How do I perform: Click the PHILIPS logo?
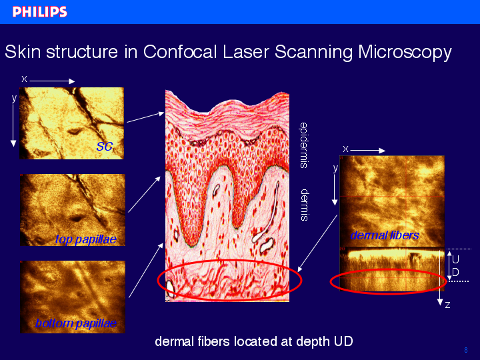click(39, 11)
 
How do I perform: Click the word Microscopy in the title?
click(405, 53)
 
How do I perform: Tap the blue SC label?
click(105, 147)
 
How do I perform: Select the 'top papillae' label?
click(86, 239)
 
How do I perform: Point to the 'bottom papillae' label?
click(76, 323)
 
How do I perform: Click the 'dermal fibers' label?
click(385, 235)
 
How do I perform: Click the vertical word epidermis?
click(303, 145)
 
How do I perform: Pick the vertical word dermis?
click(304, 205)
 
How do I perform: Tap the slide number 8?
click(466, 350)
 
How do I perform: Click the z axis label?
click(447, 305)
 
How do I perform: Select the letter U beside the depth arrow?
click(455, 259)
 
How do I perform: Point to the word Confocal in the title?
click(180, 51)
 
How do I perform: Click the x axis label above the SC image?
click(24, 79)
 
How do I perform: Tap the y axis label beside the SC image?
click(14, 98)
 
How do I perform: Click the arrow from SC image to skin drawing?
click(145, 117)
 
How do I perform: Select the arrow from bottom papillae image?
click(146, 270)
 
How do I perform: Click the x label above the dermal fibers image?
click(345, 149)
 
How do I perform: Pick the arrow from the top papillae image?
click(145, 195)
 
